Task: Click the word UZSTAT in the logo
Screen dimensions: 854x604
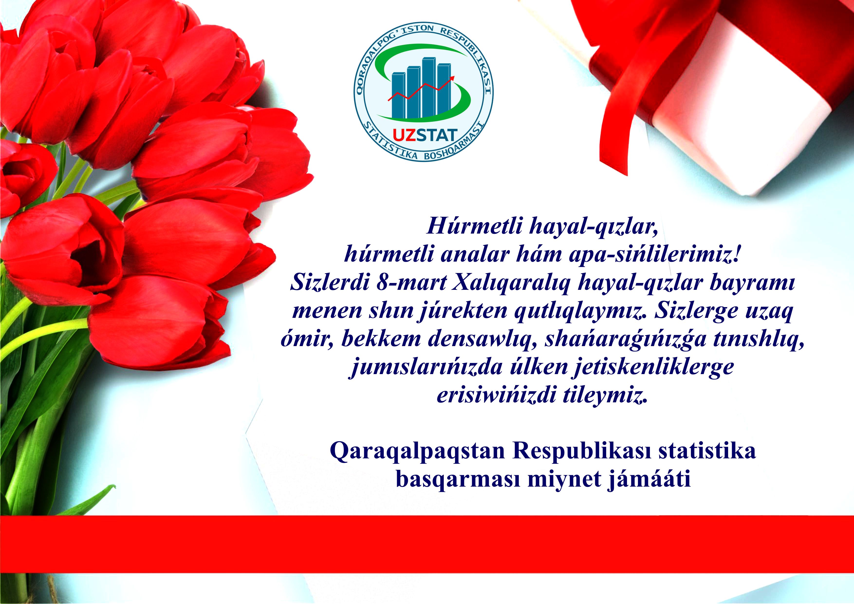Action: point(425,135)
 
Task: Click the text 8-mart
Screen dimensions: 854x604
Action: point(411,283)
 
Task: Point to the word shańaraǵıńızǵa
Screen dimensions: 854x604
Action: point(625,340)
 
